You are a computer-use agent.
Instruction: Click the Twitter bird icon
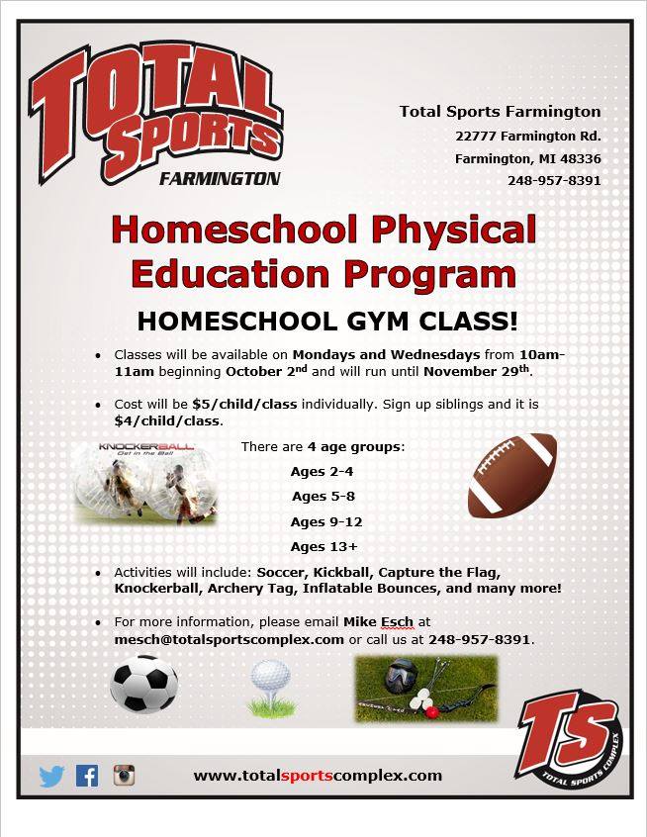(x=51, y=776)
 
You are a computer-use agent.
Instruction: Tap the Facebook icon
(x=87, y=776)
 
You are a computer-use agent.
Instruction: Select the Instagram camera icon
(x=124, y=775)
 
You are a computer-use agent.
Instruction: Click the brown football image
(x=511, y=476)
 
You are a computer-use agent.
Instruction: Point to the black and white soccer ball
(x=144, y=685)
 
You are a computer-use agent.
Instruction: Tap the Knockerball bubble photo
(x=145, y=483)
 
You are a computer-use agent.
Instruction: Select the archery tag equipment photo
(x=426, y=689)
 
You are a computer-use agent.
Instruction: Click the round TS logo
(x=570, y=740)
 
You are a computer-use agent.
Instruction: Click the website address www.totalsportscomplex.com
(x=318, y=776)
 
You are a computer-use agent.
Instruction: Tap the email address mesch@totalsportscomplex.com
(x=229, y=639)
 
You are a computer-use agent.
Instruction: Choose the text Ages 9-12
(x=326, y=521)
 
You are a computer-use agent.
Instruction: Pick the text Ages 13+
(x=324, y=546)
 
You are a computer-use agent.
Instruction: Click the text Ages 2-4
(x=322, y=471)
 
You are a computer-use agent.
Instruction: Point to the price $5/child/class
(x=244, y=404)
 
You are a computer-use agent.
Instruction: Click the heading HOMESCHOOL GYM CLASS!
(x=327, y=322)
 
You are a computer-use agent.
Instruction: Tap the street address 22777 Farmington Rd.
(x=528, y=137)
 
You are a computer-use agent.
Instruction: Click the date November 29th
(x=477, y=370)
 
